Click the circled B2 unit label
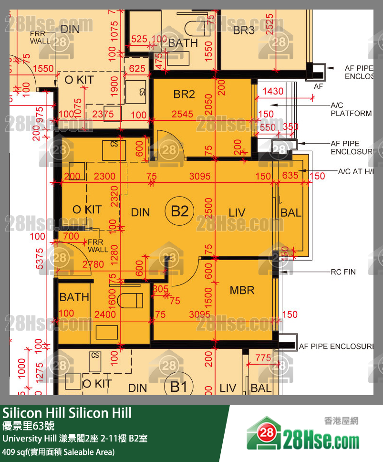(x=180, y=211)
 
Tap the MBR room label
(x=242, y=290)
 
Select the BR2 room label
(x=184, y=94)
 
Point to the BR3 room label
(x=244, y=31)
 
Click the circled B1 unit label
(x=179, y=387)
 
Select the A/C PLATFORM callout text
(x=351, y=109)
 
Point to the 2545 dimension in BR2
(x=183, y=115)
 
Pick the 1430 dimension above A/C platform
(x=273, y=91)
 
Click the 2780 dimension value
(x=93, y=264)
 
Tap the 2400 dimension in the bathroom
(x=105, y=314)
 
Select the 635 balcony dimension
(x=290, y=176)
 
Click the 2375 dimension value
(x=103, y=115)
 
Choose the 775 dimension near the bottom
(x=263, y=358)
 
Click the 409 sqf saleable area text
(x=58, y=451)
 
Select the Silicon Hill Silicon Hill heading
(x=67, y=413)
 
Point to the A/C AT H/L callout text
(x=355, y=171)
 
